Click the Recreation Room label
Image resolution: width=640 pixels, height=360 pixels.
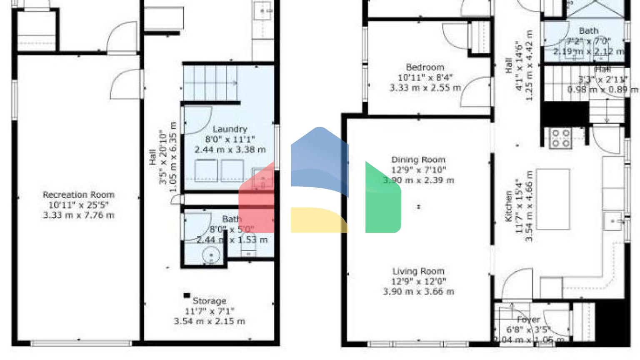click(78, 195)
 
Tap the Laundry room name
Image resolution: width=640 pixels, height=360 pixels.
click(230, 129)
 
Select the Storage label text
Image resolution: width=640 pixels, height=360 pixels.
click(209, 301)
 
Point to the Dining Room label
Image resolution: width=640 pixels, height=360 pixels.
click(418, 160)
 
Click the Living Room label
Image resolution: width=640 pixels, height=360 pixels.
click(418, 271)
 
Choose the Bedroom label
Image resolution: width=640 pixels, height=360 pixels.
click(425, 67)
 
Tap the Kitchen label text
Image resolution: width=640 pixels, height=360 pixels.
click(509, 206)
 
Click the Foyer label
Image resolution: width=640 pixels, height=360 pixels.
click(528, 320)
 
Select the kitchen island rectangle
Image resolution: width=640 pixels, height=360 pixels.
click(553, 199)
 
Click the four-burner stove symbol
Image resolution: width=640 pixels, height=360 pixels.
click(560, 138)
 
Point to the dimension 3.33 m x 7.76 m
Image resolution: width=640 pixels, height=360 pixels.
click(78, 215)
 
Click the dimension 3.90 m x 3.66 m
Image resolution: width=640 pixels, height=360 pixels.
click(418, 292)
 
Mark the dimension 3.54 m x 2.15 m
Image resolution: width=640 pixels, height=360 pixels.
click(209, 321)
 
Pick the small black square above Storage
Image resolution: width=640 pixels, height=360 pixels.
click(187, 295)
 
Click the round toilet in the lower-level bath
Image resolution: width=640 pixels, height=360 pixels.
click(211, 255)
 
